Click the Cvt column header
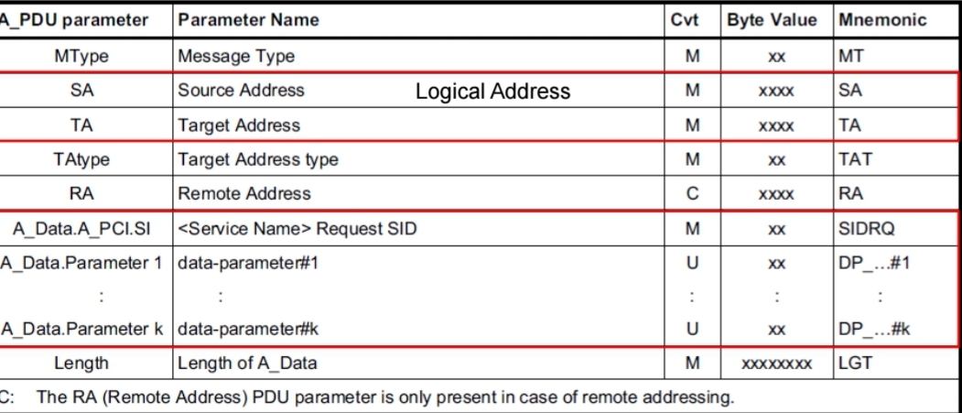685,20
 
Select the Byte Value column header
772,20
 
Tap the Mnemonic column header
882,20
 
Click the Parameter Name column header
248,20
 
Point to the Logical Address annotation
493,92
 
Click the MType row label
81,57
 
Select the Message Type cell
236,57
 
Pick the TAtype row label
81,160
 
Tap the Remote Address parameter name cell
244,194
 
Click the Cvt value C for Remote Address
693,194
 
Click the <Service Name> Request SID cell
297,229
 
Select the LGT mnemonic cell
855,364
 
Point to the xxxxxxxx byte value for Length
777,364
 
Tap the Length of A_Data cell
247,364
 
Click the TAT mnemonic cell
855,160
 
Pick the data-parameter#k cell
248,330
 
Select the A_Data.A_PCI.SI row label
82,229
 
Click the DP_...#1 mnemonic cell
873,263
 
